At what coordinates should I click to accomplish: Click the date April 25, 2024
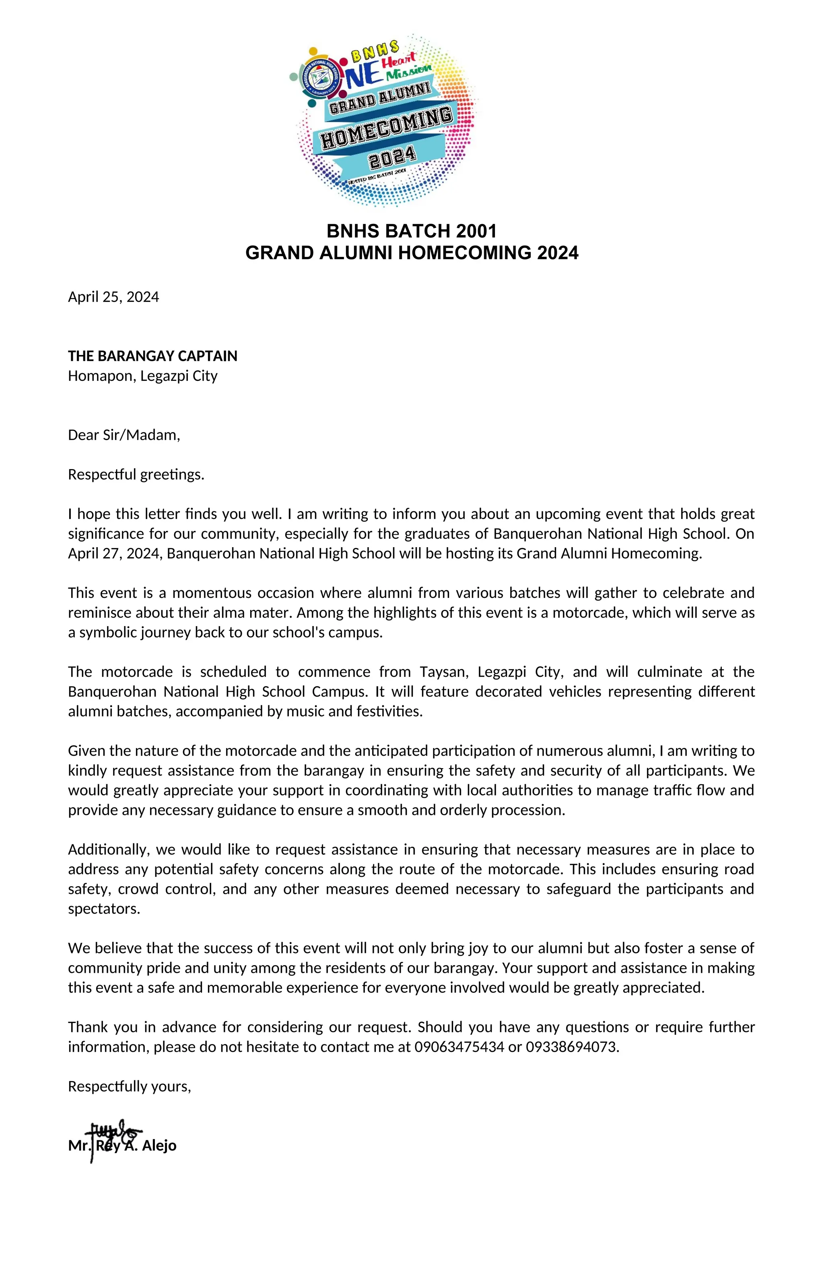click(113, 297)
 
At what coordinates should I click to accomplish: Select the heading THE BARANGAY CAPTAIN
click(152, 356)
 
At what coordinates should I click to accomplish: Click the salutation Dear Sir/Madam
click(124, 436)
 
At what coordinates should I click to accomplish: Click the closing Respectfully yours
click(129, 1087)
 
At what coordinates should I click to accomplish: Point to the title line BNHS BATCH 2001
click(412, 232)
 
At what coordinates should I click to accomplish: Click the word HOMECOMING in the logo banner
click(387, 129)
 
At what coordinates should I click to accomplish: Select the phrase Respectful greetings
click(136, 475)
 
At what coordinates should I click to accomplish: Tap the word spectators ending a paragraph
click(104, 909)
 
